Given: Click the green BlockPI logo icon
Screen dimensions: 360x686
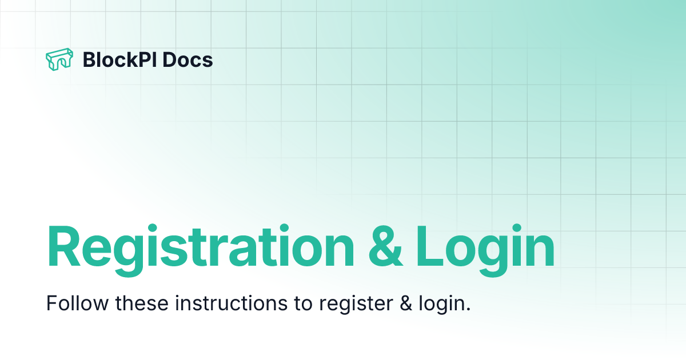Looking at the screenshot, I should (59, 59).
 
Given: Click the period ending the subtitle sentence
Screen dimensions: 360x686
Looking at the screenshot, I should (468, 310).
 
